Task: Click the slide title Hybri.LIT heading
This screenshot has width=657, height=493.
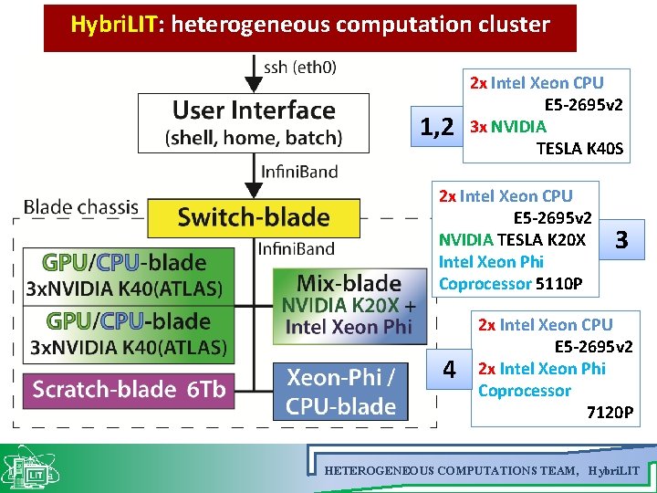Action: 310,26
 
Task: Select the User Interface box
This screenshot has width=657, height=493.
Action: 253,123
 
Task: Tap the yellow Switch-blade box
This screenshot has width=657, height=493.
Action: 253,217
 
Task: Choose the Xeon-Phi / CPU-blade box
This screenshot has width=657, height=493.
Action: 341,391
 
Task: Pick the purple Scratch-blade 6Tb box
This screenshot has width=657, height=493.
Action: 129,389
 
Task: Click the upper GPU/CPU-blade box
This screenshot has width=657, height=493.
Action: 124,275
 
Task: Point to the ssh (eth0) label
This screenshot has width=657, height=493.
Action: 299,67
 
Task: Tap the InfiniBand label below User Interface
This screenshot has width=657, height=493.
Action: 298,171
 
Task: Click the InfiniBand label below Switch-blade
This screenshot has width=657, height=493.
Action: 296,248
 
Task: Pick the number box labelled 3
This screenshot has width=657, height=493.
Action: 621,240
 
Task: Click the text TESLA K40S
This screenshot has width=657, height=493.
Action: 579,149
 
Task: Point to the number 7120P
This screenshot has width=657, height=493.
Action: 609,413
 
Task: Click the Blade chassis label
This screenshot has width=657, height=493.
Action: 81,206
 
